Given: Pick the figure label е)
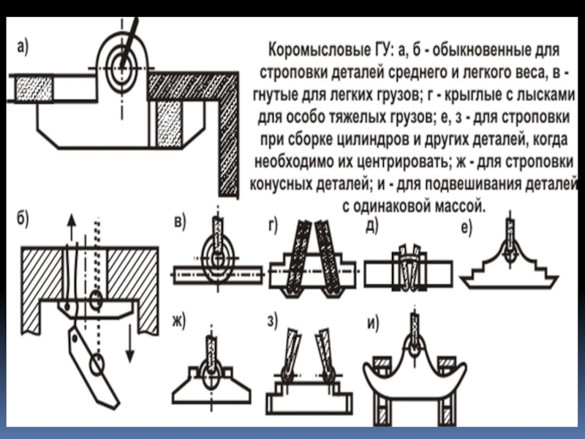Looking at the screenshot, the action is [x=466, y=228].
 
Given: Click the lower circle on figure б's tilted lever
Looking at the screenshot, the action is [x=96, y=363].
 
